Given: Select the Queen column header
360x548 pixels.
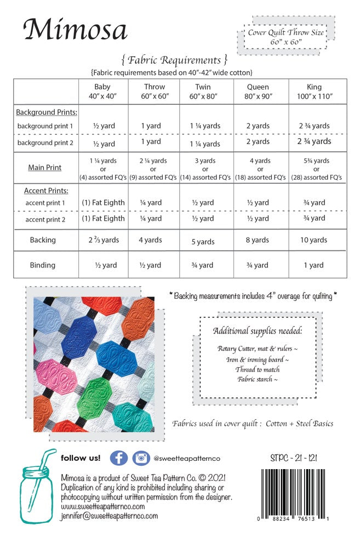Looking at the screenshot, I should pyautogui.click(x=258, y=91).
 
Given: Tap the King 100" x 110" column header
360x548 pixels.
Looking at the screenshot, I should pyautogui.click(x=315, y=91).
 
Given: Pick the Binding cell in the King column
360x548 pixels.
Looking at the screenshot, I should pyautogui.click(x=314, y=265).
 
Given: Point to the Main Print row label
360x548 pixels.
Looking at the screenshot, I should pyautogui.click(x=45, y=168).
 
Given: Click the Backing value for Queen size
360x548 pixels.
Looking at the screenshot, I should pyautogui.click(x=258, y=240).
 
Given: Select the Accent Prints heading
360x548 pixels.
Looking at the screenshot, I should pyautogui.click(x=46, y=191).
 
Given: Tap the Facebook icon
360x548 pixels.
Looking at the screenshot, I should pyautogui.click(x=119, y=458).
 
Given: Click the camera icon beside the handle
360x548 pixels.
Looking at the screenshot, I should pyautogui.click(x=141, y=458).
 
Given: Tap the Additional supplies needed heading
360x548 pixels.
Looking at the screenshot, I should pyautogui.click(x=258, y=331).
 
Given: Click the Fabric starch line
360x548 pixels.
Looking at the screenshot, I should pyautogui.click(x=258, y=379).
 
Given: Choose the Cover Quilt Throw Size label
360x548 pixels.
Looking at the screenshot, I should pyautogui.click(x=285, y=33).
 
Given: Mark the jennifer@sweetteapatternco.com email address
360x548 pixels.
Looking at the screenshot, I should pyautogui.click(x=110, y=516).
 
